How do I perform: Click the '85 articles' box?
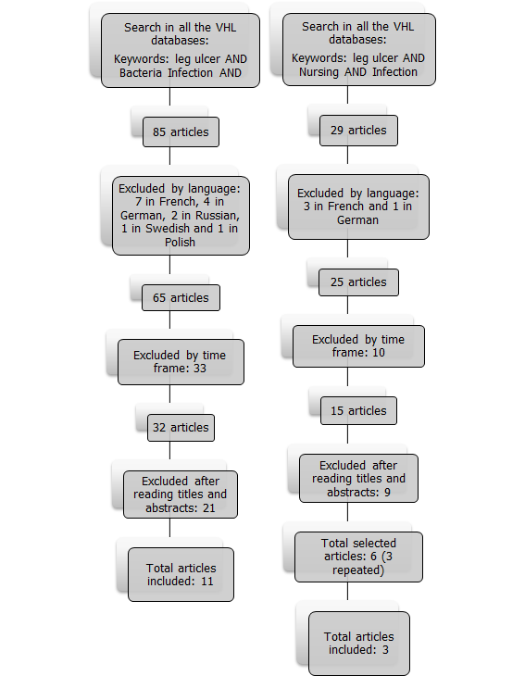tap(181, 131)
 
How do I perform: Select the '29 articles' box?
tap(358, 131)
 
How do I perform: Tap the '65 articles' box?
tap(181, 297)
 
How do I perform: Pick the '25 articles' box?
tap(358, 282)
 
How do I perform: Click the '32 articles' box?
tap(181, 428)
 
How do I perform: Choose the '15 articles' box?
tap(358, 411)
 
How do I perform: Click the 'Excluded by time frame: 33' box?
tap(181, 362)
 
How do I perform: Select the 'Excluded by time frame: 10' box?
tap(358, 346)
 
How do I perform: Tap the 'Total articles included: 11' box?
tap(181, 574)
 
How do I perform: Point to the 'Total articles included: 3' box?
tap(359, 644)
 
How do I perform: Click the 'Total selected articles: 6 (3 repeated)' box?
tap(358, 557)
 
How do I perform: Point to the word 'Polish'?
tap(181, 243)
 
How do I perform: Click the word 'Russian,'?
tap(218, 215)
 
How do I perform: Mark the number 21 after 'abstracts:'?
tap(209, 507)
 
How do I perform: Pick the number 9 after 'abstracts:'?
tap(387, 493)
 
